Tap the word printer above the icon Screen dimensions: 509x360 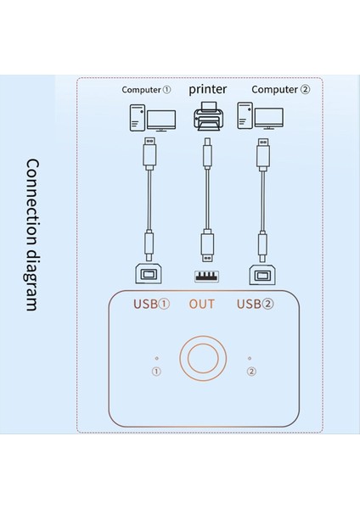pyautogui.click(x=206, y=88)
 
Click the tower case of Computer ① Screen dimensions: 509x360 pyautogui.click(x=137, y=116)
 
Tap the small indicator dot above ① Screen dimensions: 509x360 pyautogui.click(x=156, y=358)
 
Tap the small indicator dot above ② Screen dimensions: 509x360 pyautogui.click(x=250, y=358)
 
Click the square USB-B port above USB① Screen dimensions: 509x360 pyautogui.click(x=150, y=274)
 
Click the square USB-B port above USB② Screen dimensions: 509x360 pyautogui.click(x=262, y=274)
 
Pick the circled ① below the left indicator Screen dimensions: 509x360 pyautogui.click(x=156, y=372)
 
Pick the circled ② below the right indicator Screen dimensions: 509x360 pyautogui.click(x=250, y=372)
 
